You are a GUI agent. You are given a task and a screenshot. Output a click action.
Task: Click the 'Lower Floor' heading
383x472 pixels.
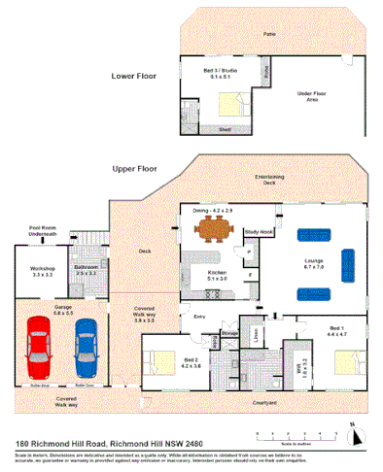135,75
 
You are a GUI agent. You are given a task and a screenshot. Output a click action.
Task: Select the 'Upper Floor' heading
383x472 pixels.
135,168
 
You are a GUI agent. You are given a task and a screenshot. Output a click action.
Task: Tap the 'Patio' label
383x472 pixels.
269,32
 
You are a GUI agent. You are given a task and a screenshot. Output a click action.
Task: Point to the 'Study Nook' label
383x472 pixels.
259,232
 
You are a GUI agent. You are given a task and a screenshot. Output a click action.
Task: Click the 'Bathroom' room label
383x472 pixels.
88,269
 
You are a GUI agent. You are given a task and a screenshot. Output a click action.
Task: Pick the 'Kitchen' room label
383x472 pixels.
219,274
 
